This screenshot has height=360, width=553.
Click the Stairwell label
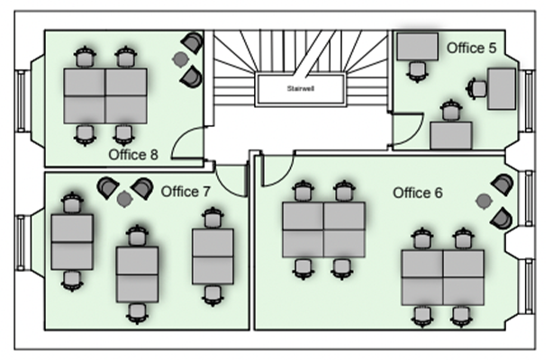(x=301, y=88)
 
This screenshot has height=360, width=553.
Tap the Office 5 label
(x=471, y=48)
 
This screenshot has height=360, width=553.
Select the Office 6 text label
(x=418, y=193)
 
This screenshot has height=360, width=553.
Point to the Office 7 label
(x=186, y=192)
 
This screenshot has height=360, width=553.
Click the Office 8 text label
(x=133, y=155)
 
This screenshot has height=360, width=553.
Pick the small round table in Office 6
(x=484, y=200)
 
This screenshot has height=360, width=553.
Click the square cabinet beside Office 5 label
(x=416, y=47)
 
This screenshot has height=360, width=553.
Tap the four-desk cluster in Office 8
(x=104, y=95)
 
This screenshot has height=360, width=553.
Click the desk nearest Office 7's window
(x=72, y=241)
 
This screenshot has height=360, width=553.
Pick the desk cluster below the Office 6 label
(x=442, y=276)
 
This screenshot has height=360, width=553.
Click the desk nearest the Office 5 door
(x=451, y=135)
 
